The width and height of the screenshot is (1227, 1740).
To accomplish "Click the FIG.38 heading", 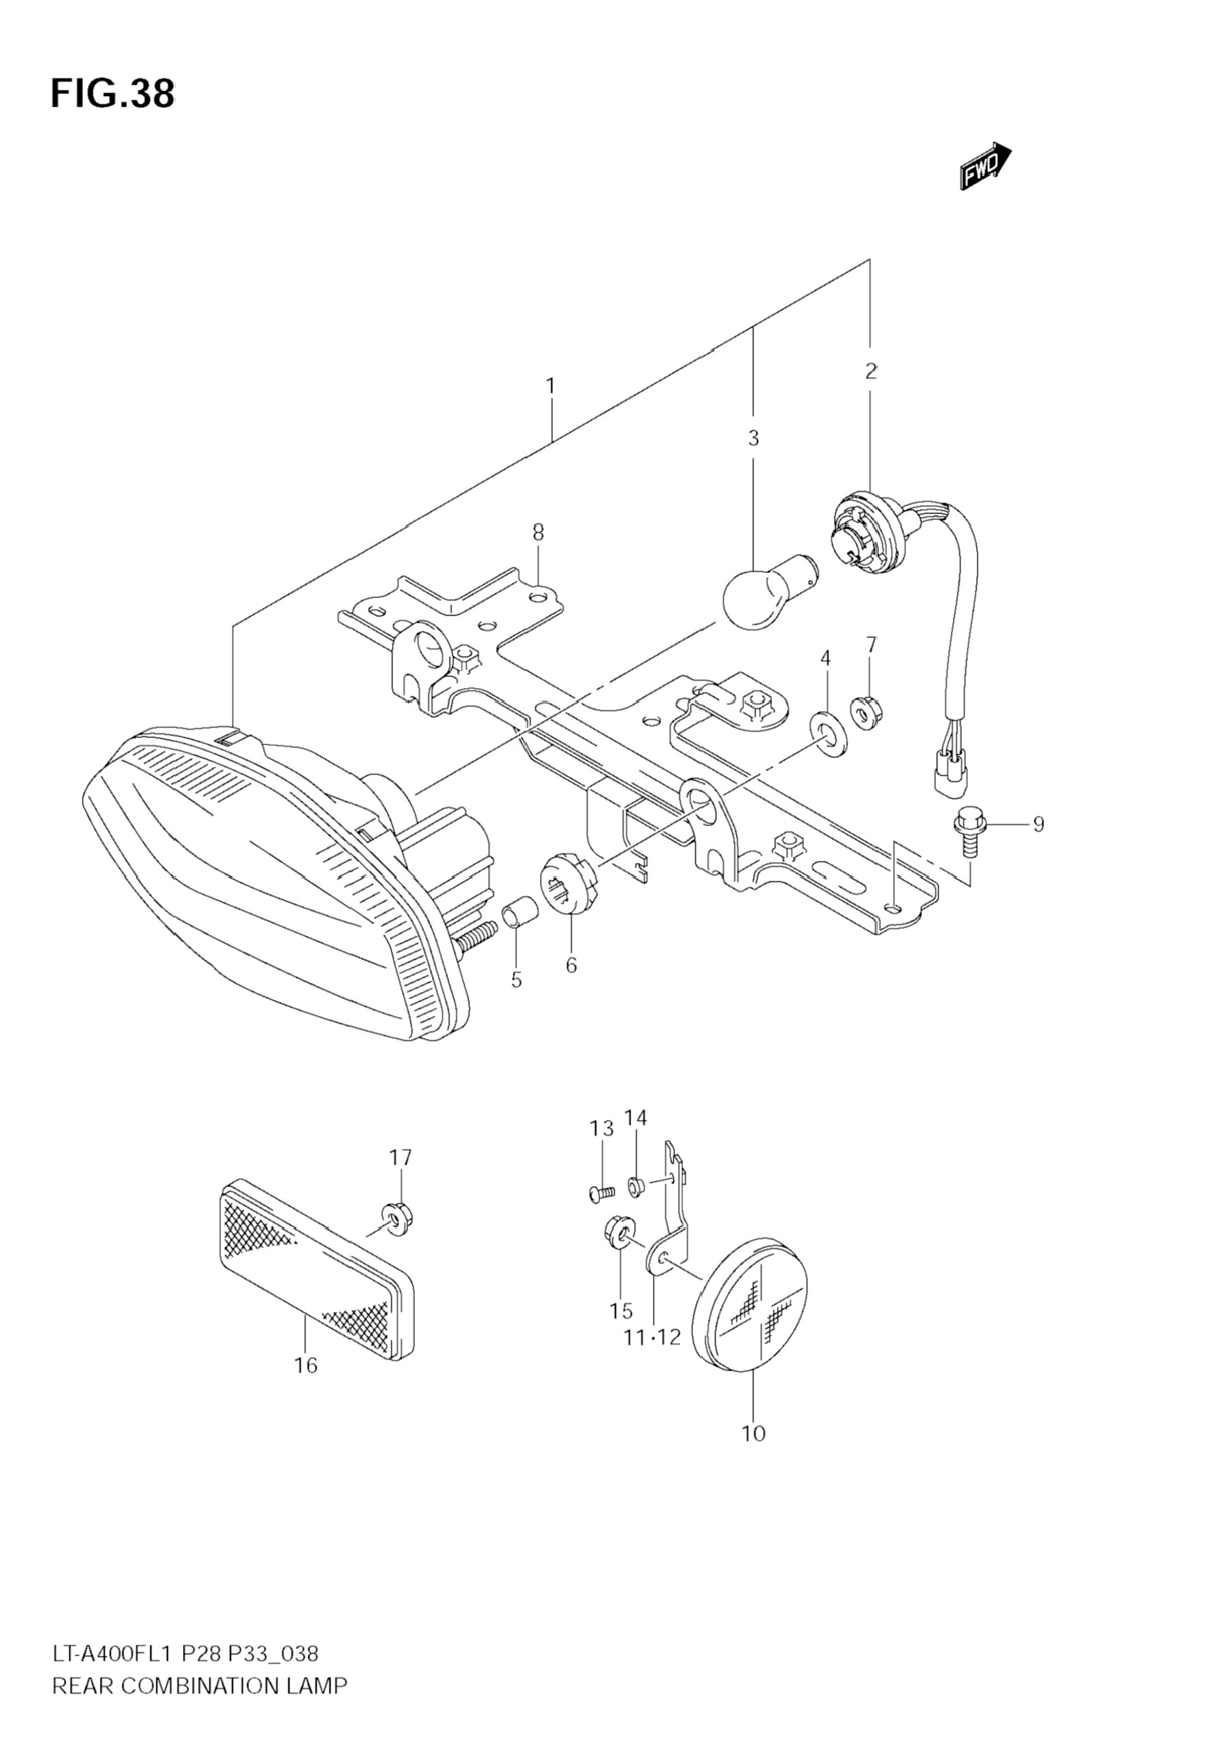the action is [112, 93].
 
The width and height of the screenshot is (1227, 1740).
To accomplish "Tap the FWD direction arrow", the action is [986, 165].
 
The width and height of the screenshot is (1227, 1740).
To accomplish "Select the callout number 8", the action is [538, 532].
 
